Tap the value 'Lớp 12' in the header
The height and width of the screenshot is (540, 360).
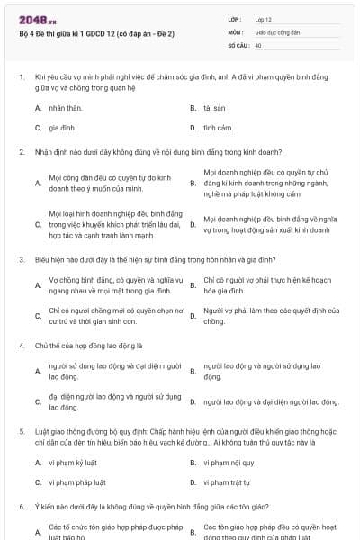(264, 19)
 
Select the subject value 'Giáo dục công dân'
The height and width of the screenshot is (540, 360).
(275, 31)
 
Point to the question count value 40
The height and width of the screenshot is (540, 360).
(258, 44)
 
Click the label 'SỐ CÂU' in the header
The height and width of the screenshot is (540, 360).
(237, 44)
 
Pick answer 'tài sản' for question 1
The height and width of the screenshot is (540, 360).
(214, 107)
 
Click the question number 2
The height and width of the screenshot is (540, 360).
(21, 152)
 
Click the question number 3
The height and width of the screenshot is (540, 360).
(21, 259)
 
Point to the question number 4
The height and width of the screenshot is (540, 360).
(21, 345)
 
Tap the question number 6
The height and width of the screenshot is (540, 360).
(21, 507)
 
